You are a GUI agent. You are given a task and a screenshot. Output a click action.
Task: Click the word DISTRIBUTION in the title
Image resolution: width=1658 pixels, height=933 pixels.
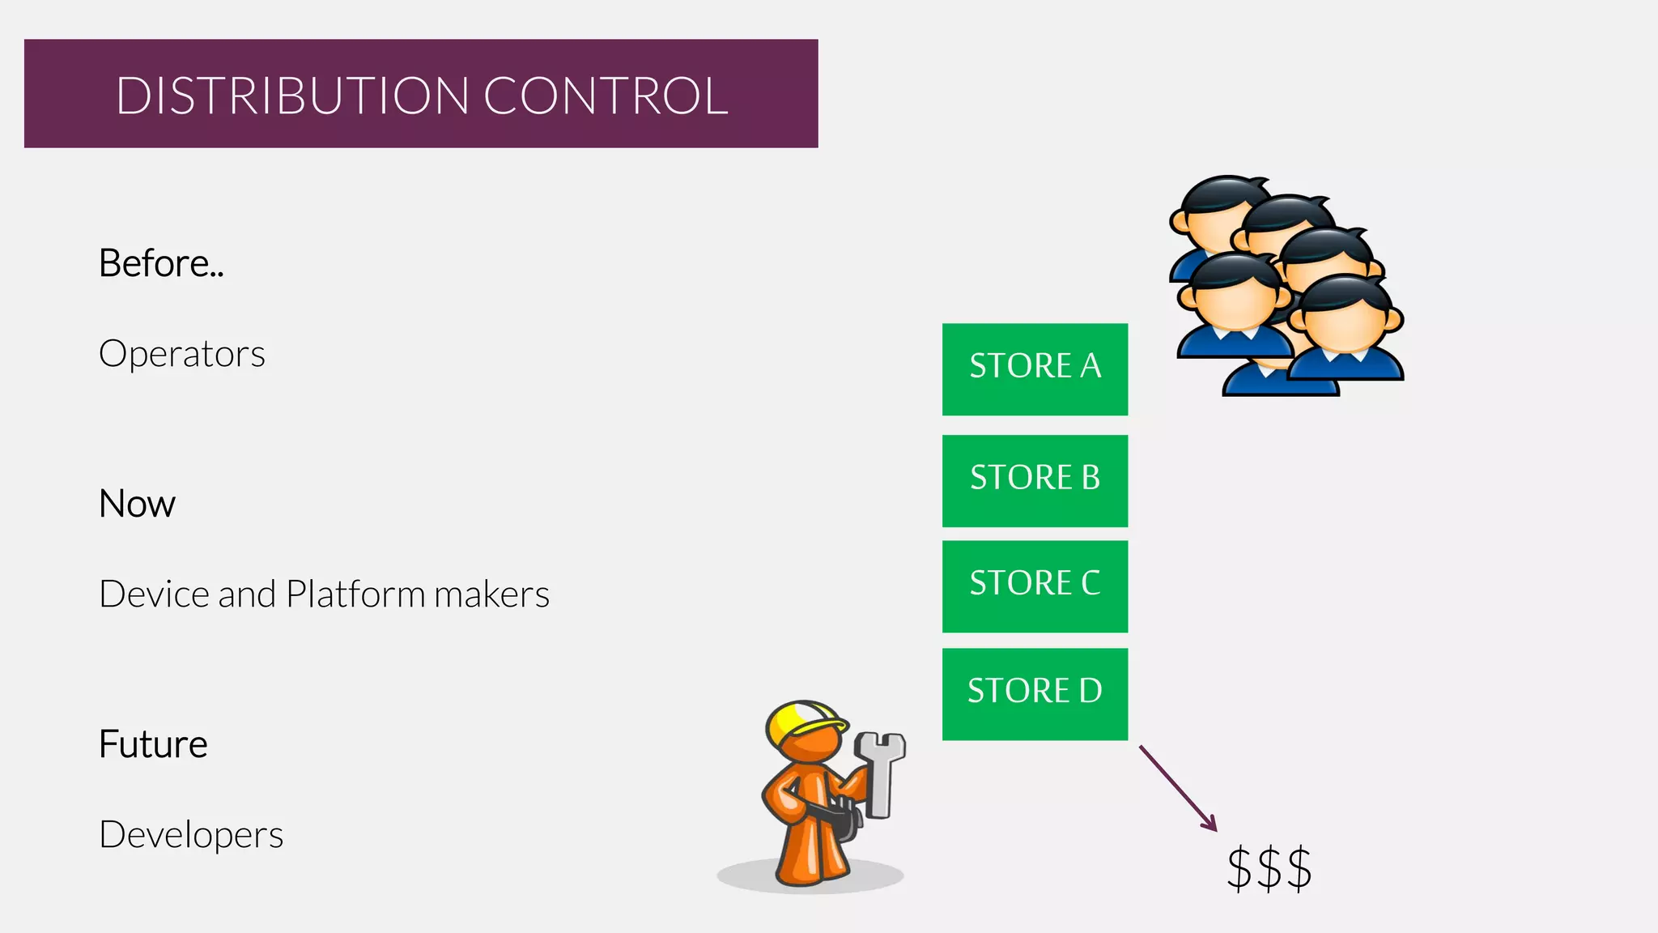(292, 96)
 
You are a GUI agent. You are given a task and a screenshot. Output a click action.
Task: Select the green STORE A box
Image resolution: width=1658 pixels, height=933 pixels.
(1035, 369)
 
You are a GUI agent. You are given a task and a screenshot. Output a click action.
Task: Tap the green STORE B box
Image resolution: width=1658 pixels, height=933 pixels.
(1035, 480)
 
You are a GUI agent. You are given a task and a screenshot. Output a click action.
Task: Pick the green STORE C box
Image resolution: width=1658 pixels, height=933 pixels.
(1035, 586)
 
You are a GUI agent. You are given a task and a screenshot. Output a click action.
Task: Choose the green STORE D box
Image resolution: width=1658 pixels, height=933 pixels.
(1035, 693)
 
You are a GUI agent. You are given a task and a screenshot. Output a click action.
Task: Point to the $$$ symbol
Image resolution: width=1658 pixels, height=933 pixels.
(1269, 868)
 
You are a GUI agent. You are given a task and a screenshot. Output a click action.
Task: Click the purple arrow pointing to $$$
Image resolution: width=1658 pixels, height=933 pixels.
(1178, 788)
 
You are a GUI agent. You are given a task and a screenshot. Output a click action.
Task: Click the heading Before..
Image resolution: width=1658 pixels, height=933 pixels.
(160, 263)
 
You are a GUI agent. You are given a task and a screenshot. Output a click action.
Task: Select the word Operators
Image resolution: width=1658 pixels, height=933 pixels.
(182, 354)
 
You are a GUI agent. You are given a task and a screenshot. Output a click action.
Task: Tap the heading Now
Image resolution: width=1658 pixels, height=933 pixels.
(137, 504)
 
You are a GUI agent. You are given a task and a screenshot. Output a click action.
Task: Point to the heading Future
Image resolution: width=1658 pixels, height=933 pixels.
(153, 744)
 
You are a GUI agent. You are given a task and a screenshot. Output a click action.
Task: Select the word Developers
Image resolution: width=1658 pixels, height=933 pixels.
(191, 835)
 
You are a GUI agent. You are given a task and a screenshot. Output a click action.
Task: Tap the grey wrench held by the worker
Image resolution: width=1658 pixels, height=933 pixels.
(881, 769)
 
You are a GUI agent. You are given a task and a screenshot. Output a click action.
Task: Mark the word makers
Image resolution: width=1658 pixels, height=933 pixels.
(491, 594)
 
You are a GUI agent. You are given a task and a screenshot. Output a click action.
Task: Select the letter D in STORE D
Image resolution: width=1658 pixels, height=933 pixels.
(1090, 691)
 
